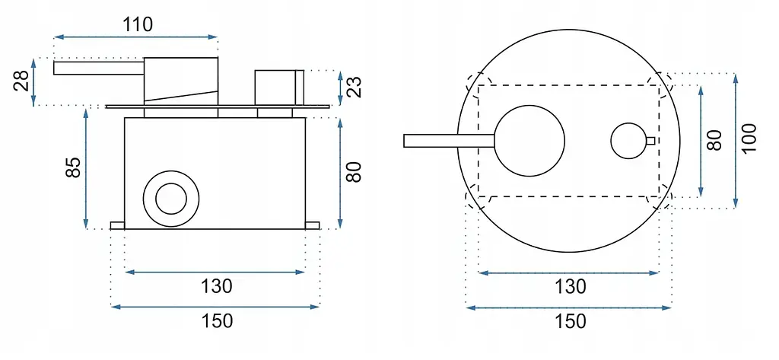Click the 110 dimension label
point(138,24)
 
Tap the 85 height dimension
point(74,167)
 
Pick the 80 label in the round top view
point(714,141)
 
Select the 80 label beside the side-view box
point(354,172)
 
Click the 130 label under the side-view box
point(216,286)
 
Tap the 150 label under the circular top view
point(570,321)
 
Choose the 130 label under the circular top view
point(570,286)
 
